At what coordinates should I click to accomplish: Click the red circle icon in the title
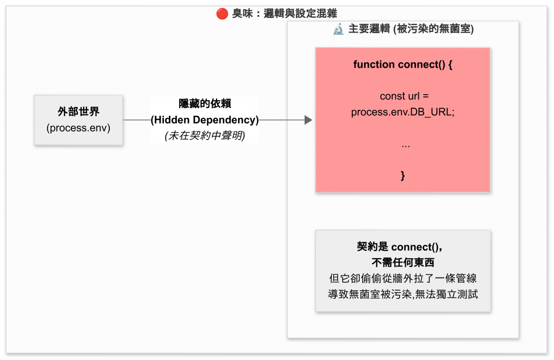222,14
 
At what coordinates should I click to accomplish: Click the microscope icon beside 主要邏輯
338,29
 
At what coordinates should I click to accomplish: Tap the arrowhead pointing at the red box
308,120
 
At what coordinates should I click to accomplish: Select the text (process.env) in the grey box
78,128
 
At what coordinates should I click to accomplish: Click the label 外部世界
78,112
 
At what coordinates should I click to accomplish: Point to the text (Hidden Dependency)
205,120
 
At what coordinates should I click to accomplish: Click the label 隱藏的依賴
205,104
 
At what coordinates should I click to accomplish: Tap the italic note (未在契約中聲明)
205,136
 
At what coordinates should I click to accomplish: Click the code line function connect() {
403,64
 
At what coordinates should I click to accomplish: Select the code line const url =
404,96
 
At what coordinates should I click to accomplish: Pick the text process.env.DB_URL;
403,112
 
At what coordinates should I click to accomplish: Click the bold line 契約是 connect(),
403,247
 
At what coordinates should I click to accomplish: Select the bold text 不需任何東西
403,263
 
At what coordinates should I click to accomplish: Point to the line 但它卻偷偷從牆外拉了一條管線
403,279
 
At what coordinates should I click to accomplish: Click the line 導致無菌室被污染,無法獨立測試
403,294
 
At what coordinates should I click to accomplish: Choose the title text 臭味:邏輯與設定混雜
285,14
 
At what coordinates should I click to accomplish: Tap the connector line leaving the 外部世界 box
136,120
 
